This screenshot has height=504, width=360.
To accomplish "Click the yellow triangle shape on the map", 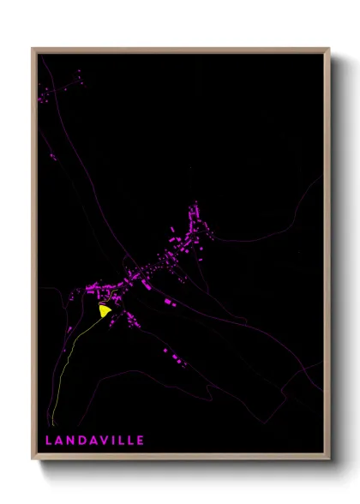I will pos(105,311).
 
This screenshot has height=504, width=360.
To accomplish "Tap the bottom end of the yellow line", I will pos(52,423).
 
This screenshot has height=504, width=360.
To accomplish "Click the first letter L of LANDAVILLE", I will pos(48,440).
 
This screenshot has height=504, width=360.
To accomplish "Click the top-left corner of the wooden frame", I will pos(33,49).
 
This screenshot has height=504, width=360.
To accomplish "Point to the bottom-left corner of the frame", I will pos(33,459).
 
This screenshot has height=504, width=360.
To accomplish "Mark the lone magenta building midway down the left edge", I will pos(52,157).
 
